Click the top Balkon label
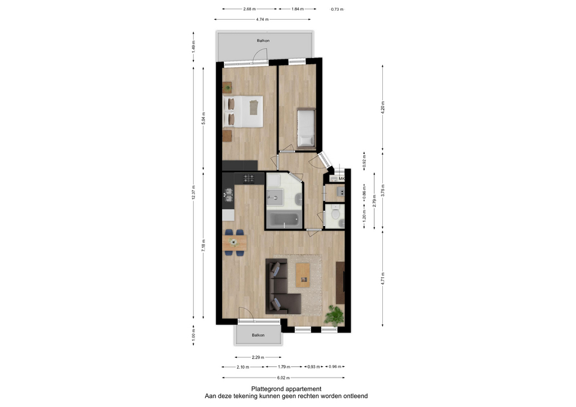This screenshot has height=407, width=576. point(263,40)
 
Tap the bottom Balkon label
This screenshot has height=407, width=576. point(258,335)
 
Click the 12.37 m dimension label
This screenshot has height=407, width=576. point(194,192)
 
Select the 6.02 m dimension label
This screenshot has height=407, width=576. point(283,378)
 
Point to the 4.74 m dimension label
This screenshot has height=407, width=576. point(262,19)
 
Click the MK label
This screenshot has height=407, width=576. point(341,179)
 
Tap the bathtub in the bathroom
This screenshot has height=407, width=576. point(284,220)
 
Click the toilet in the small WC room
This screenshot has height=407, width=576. point(335,213)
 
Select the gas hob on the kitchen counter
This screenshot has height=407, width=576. point(248,179)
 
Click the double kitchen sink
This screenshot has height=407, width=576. point(229,195)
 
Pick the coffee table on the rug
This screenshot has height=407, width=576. point(303,275)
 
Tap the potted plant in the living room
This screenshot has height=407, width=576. point(334,315)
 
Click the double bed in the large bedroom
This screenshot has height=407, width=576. point(243,111)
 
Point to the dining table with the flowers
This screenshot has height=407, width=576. point(235,243)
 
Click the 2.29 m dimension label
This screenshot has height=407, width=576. point(258,357)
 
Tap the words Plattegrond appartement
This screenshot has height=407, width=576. point(286,389)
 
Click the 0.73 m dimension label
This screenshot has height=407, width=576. point(337,9)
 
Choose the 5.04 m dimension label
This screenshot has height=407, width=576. point(203,119)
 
